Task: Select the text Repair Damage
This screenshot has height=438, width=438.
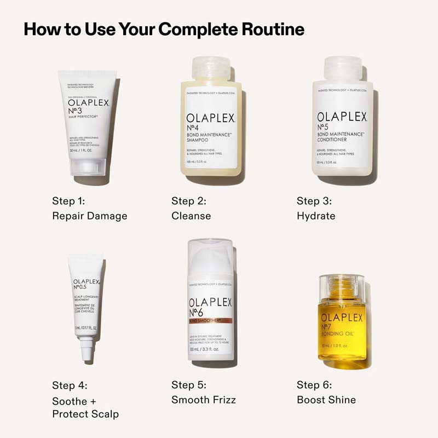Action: coord(90,216)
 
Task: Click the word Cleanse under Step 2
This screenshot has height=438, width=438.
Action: coord(191,216)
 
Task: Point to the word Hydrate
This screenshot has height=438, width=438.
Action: coord(316,216)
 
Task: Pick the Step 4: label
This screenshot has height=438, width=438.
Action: coord(70,385)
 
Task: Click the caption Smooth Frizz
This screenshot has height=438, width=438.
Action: coord(204,400)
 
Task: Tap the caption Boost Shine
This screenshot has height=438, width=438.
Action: coord(326,400)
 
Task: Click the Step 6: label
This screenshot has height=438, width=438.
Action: coord(314,385)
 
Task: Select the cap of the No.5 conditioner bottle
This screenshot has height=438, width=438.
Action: coord(343,68)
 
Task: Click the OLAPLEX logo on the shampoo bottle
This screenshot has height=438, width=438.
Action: coord(211,118)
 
